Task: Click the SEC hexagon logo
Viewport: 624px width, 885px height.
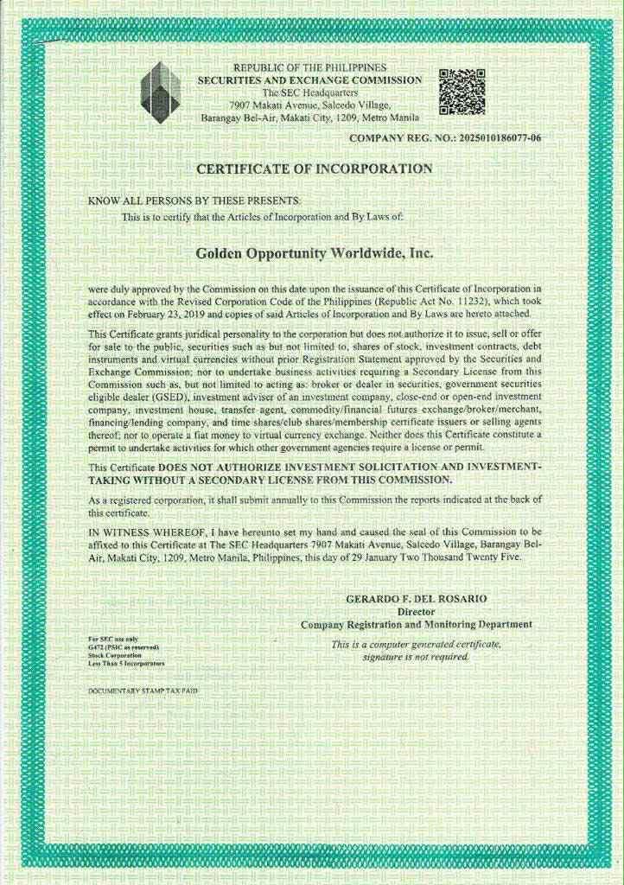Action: (x=160, y=91)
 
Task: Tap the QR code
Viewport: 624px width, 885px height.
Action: (x=462, y=91)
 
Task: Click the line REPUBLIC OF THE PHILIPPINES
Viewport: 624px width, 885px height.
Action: (x=310, y=67)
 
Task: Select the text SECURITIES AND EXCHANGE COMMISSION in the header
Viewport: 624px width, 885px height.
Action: (x=310, y=80)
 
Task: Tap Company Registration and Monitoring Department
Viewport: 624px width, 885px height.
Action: (x=417, y=624)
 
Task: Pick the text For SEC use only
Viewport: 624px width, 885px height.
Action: (x=113, y=639)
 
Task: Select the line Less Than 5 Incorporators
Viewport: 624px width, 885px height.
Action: (x=125, y=662)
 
